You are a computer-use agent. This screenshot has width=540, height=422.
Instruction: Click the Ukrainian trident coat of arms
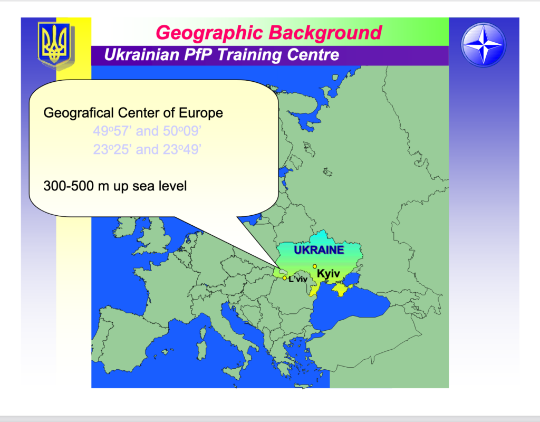point(55,45)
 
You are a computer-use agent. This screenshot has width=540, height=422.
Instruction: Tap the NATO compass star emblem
point(483,45)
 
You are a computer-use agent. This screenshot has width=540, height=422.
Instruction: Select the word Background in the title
point(325,33)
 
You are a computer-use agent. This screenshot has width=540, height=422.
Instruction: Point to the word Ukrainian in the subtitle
point(141,55)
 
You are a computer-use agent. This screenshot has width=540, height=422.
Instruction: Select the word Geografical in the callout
point(79,113)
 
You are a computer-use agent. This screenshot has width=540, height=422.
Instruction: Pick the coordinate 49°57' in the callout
point(113,131)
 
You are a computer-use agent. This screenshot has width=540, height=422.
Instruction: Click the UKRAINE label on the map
point(319,250)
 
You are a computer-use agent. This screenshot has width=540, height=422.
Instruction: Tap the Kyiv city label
point(328,274)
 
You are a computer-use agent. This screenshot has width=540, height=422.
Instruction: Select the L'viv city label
point(298,279)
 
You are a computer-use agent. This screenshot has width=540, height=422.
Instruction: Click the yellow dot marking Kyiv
point(315,266)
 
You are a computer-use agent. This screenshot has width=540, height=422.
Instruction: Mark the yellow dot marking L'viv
point(284,278)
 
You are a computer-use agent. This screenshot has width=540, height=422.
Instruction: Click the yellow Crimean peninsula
point(342,289)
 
